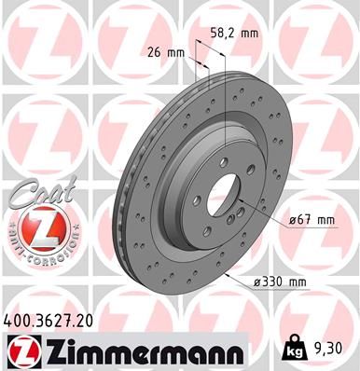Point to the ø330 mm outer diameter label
pyautogui.click(x=280, y=282)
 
